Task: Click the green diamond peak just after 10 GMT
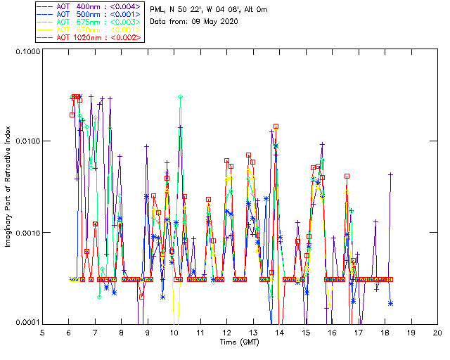tap(181, 96)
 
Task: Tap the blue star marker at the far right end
tap(390, 303)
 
